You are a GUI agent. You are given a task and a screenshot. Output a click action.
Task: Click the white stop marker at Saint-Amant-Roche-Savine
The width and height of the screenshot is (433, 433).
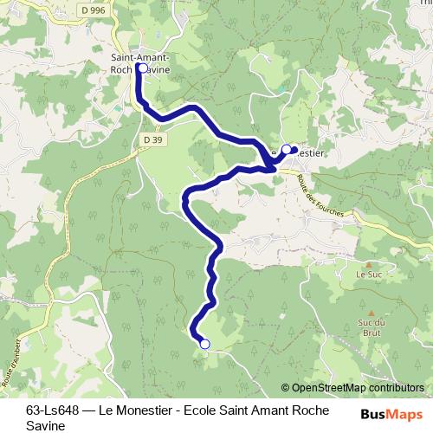(x=141, y=67)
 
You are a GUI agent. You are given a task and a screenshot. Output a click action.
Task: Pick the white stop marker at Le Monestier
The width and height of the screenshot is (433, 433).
(x=287, y=149)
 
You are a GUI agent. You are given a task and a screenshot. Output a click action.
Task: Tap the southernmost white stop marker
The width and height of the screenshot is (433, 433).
(x=205, y=344)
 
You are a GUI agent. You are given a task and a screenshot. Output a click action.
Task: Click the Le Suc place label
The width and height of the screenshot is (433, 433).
(x=368, y=274)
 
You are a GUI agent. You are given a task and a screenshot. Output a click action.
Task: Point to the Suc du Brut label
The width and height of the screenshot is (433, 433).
(x=371, y=326)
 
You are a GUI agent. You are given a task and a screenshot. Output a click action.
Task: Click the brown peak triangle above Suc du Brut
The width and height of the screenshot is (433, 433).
(x=371, y=312)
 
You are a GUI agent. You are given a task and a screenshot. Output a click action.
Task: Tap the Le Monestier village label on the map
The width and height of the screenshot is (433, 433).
(x=303, y=153)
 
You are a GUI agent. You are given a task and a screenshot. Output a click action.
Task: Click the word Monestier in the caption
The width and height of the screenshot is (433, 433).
(x=144, y=409)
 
